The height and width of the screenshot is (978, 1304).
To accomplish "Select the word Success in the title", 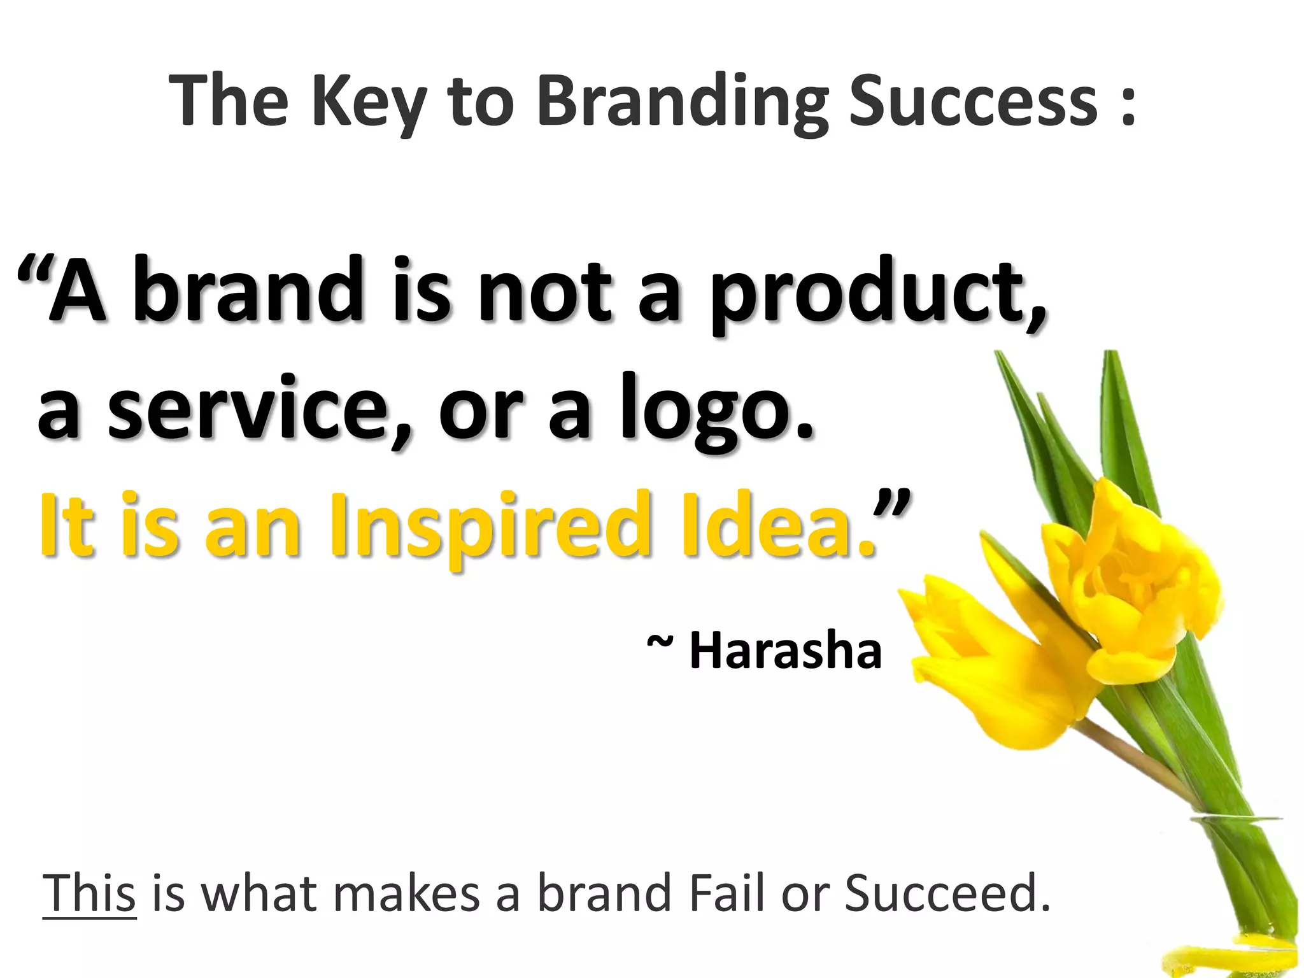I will (x=974, y=102).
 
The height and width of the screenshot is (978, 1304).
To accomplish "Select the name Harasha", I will (x=786, y=651).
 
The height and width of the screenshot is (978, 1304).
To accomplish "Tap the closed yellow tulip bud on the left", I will (x=993, y=669).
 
